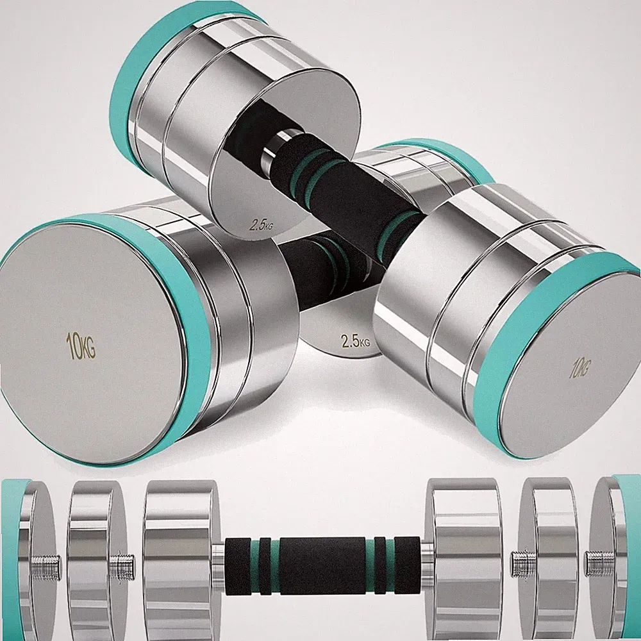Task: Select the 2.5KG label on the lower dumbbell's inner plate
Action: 355,340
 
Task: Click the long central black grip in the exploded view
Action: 322,566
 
